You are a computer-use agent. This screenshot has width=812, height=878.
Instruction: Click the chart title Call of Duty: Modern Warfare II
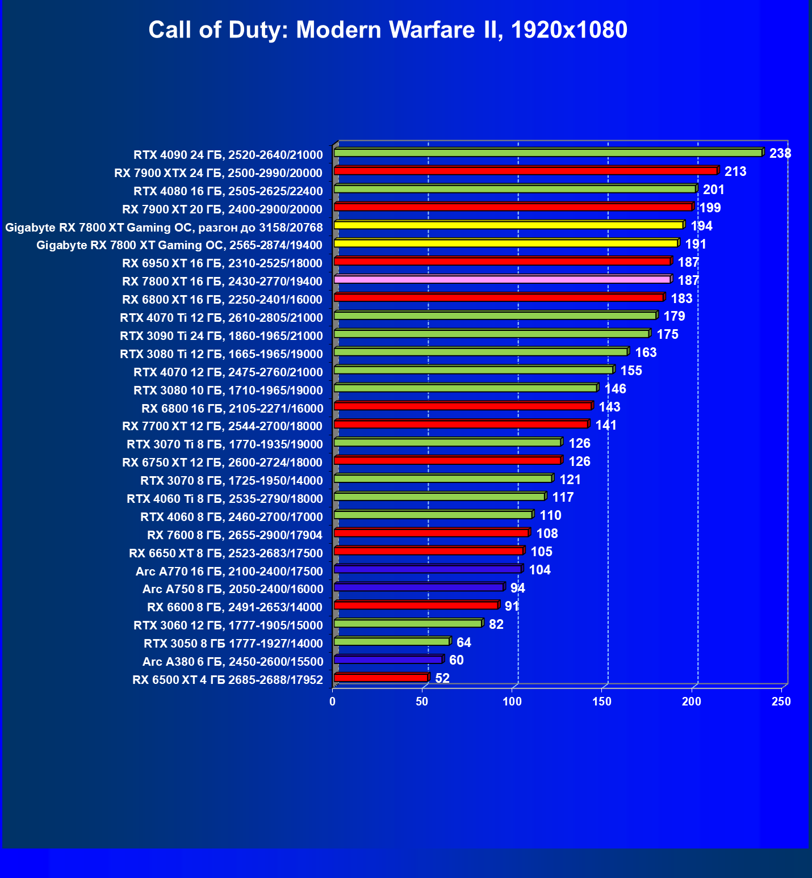(x=388, y=30)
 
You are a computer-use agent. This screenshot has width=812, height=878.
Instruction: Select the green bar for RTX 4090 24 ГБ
(x=548, y=153)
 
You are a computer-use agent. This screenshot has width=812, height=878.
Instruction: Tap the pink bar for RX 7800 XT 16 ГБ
(x=503, y=280)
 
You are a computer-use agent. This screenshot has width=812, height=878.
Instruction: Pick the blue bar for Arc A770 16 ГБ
(x=428, y=569)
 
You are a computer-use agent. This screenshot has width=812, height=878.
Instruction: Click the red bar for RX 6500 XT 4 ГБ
(x=380, y=678)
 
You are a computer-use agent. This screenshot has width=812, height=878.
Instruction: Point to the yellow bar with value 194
(x=508, y=225)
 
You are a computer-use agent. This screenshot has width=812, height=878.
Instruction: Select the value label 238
(x=780, y=153)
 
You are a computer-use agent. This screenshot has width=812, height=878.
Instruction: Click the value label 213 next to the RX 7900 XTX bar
(x=735, y=171)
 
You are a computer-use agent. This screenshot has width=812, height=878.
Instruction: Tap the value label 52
(x=442, y=678)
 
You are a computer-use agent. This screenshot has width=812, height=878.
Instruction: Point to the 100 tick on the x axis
(x=512, y=702)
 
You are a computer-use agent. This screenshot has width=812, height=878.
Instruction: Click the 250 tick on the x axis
(x=781, y=702)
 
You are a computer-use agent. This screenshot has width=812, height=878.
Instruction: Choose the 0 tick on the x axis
(x=333, y=702)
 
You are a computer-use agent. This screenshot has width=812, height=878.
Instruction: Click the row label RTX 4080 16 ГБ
(x=228, y=191)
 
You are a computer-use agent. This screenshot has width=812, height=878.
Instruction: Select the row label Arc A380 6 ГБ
(x=233, y=661)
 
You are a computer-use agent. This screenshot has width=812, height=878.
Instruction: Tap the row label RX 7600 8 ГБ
(x=235, y=535)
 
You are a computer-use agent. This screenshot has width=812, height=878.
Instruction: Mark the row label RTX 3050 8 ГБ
(x=233, y=643)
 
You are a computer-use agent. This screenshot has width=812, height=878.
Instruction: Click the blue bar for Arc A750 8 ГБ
(x=419, y=587)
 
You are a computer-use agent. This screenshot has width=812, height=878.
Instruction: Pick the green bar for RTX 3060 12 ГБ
(x=408, y=624)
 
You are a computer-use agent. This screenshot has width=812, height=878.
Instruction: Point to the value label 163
(x=646, y=352)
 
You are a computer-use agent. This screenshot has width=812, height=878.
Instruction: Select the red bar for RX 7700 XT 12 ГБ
(x=461, y=425)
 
